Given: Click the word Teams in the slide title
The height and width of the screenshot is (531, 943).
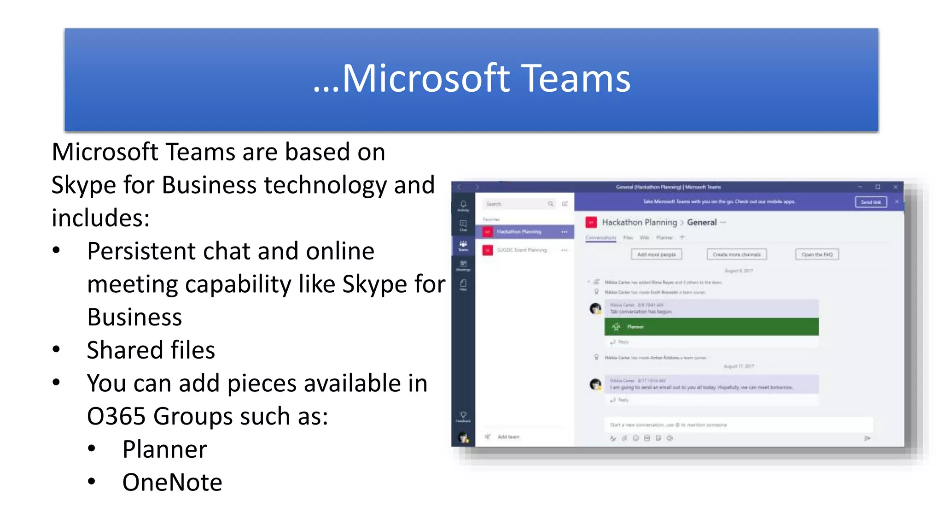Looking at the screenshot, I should [x=576, y=78].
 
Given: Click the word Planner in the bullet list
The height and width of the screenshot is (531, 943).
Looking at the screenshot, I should [x=164, y=449].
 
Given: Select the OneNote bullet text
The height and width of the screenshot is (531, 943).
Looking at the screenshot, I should [x=172, y=483].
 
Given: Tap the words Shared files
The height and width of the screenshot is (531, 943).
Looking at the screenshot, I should [x=151, y=350].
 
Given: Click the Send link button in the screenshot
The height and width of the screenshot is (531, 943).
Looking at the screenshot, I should [x=870, y=202].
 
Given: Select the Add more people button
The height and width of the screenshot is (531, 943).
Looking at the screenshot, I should [x=656, y=254].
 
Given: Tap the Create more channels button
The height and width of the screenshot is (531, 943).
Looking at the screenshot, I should [x=736, y=254].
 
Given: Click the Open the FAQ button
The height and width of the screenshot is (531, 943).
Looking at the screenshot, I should [x=817, y=254].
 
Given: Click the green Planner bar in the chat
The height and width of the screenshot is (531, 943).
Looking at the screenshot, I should [x=711, y=327].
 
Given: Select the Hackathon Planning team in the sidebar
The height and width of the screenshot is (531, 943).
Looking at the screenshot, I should [x=519, y=232].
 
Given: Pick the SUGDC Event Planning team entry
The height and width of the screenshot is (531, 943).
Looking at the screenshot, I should [x=521, y=250].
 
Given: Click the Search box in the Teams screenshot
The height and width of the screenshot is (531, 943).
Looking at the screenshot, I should [x=516, y=204].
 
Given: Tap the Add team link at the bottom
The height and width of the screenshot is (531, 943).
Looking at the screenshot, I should [x=508, y=437].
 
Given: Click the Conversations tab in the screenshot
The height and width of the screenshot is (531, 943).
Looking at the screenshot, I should [x=600, y=238].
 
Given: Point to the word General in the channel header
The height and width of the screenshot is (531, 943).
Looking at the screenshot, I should [x=702, y=223].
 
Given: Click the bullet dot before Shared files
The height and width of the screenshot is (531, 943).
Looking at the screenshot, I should [x=56, y=349].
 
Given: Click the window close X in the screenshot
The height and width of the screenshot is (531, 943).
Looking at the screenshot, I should [x=895, y=187].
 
